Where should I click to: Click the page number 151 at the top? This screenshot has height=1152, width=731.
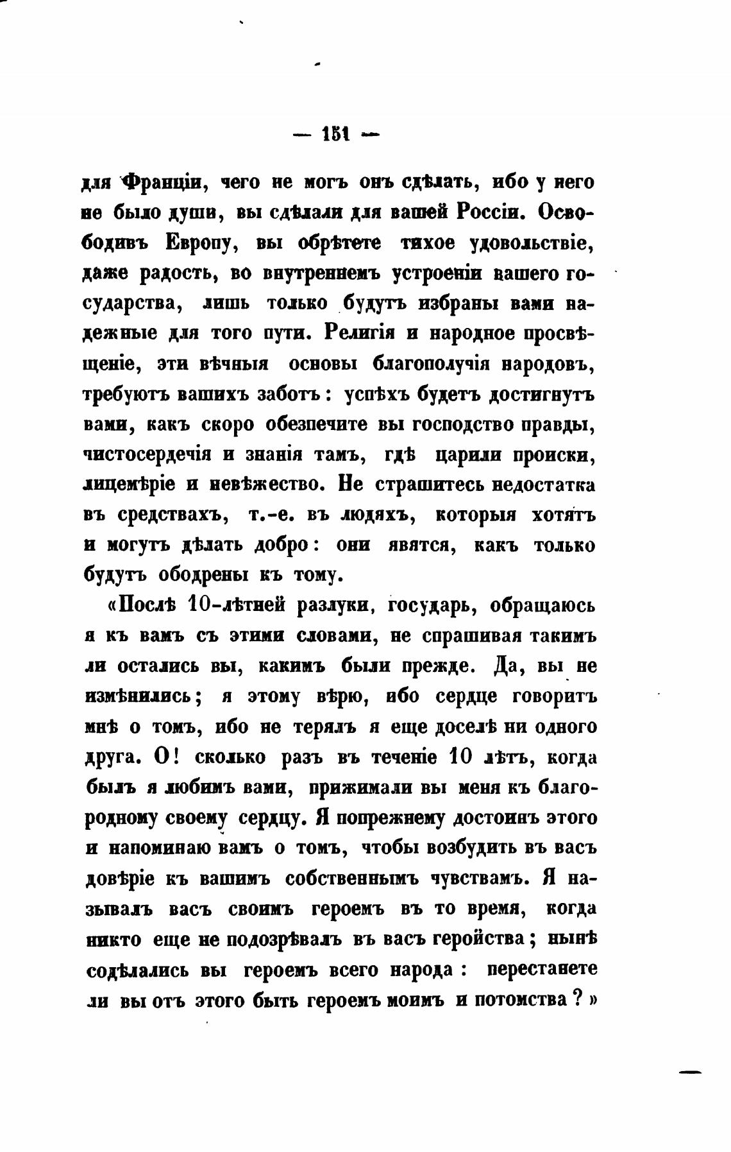coord(335,135)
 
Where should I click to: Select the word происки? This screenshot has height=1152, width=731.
coord(555,455)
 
